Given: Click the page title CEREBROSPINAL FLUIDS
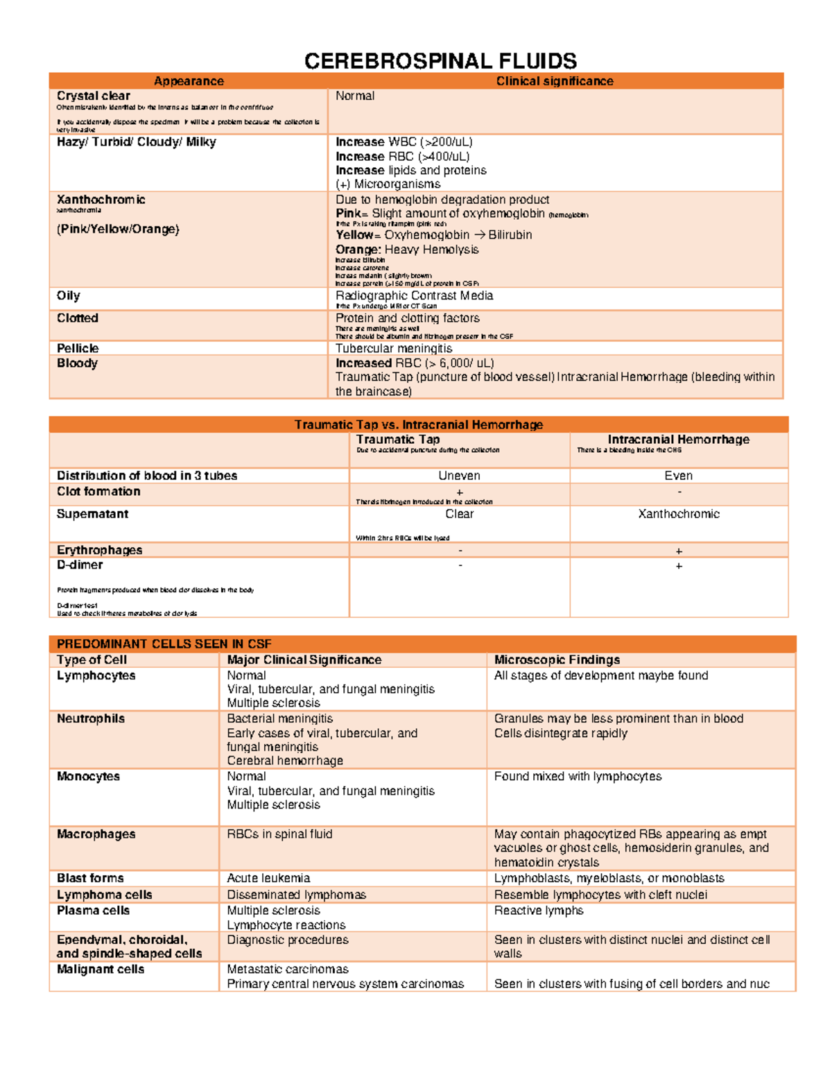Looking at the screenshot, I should [x=440, y=61].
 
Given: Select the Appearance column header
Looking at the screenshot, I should [x=189, y=81].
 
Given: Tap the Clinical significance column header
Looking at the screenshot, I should [x=554, y=81].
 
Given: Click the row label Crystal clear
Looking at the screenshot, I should [x=94, y=96].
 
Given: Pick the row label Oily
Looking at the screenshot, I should [x=69, y=295].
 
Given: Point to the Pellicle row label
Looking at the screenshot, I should [x=78, y=348].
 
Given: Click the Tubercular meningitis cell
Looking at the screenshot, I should [x=394, y=348].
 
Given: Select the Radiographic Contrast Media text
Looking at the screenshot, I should [x=414, y=295].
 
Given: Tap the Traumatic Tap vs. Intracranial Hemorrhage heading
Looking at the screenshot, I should [x=418, y=424].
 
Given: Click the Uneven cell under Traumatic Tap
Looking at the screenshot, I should [x=459, y=476].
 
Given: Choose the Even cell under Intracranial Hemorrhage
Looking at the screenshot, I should [x=678, y=476].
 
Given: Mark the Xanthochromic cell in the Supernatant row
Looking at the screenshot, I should [x=678, y=514].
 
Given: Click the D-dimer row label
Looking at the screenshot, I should [x=80, y=565].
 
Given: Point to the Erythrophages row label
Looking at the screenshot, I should [x=99, y=550].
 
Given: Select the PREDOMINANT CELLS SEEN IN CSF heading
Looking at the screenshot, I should [x=164, y=644].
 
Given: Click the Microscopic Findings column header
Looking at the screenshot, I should [x=557, y=660].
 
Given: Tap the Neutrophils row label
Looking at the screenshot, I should [x=91, y=718].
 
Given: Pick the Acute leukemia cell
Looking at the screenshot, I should [x=268, y=878].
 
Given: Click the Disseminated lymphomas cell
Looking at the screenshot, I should [x=296, y=895].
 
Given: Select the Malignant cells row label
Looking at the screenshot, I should [x=101, y=970].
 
